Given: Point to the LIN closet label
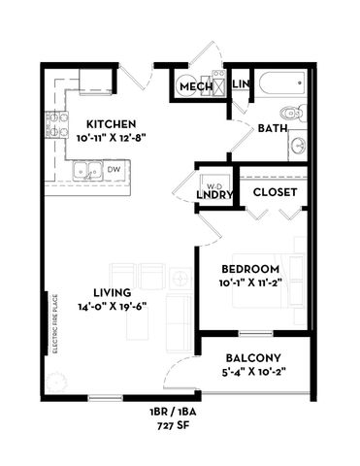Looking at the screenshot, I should point(242,85).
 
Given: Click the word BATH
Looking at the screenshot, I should point(272,126).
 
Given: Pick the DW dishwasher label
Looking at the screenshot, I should point(113,169).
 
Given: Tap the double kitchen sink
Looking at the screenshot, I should point(85,171).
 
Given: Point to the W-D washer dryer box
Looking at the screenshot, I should point(213,183).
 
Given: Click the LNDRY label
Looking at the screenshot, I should point(214,195).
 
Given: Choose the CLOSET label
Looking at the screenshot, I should point(275,192).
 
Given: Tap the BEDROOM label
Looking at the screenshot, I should point(250,269).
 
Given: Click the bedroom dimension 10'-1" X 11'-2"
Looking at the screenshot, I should point(250,283).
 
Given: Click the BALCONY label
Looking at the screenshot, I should point(253,356).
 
